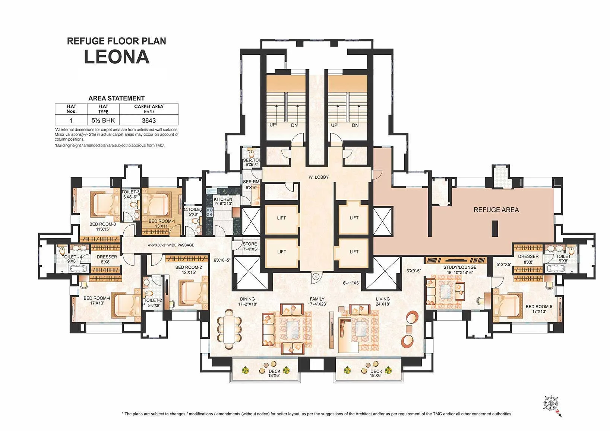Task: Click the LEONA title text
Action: (117, 57)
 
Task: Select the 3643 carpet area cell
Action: (149, 121)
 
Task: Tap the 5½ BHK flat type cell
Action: (103, 121)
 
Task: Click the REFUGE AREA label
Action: (496, 210)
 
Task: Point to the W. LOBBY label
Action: (319, 177)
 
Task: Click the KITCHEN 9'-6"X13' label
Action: (223, 201)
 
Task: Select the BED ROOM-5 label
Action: (539, 309)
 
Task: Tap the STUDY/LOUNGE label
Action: (460, 270)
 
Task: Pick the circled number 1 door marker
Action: (316, 277)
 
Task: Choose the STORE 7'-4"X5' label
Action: (250, 246)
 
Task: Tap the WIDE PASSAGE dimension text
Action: (171, 245)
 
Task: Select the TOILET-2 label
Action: (153, 303)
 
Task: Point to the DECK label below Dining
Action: (274, 373)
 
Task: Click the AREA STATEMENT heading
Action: (116, 98)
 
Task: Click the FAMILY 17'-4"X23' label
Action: (317, 301)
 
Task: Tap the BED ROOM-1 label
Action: (162, 223)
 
